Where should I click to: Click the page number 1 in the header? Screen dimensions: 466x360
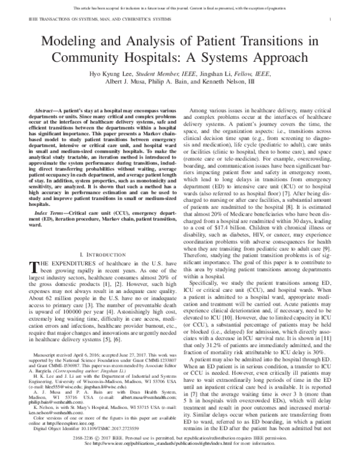point(331,20)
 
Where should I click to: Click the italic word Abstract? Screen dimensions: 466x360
point(50,112)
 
